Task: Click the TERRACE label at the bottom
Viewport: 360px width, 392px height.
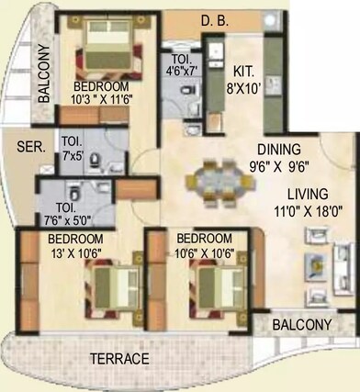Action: point(118,358)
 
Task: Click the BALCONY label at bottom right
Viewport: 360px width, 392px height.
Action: point(301,325)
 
